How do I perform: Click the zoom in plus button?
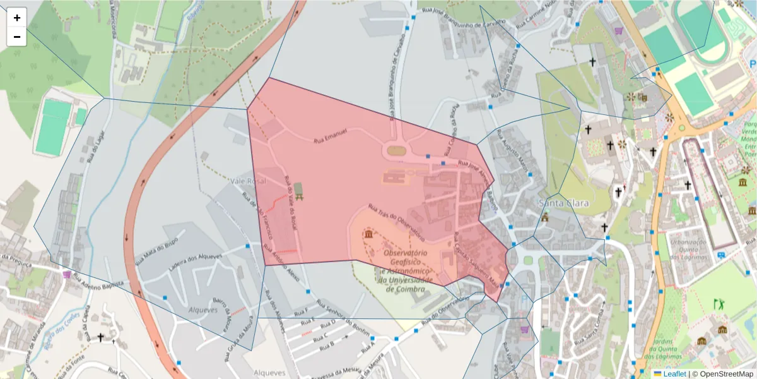(17, 18)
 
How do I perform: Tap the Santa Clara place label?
(563, 203)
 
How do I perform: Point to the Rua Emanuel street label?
(331, 136)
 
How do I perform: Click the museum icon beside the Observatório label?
(368, 235)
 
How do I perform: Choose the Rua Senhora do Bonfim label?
(343, 313)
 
